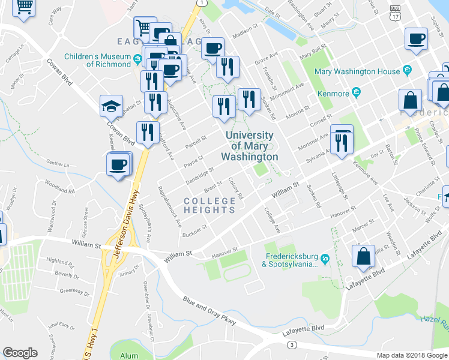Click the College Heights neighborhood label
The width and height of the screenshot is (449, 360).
pyautogui.click(x=209, y=205)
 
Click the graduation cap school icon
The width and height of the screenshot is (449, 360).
pyautogui.click(x=112, y=106)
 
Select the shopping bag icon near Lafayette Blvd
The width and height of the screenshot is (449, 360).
pyautogui.click(x=364, y=256)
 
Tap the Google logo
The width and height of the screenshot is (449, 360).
pyautogui.click(x=20, y=353)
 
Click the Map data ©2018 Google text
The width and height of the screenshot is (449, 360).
pyautogui.click(x=411, y=355)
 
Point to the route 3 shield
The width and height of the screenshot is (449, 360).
pyautogui.click(x=292, y=344)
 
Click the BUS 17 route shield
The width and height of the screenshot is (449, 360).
pyautogui.click(x=395, y=13)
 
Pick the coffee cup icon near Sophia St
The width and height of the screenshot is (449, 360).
pyautogui.click(x=416, y=40)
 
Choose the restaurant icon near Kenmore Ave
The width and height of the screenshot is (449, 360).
pyautogui.click(x=342, y=142)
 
